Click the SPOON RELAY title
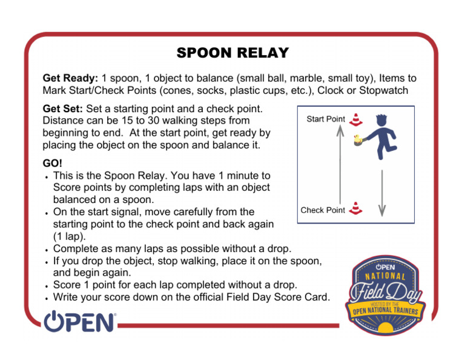coord(232,53)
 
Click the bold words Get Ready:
coord(70,79)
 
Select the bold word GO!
coord(53,164)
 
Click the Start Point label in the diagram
coord(326,119)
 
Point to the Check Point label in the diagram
coord(323,210)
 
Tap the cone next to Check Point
coord(355,208)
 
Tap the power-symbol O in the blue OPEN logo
coord(54,321)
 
